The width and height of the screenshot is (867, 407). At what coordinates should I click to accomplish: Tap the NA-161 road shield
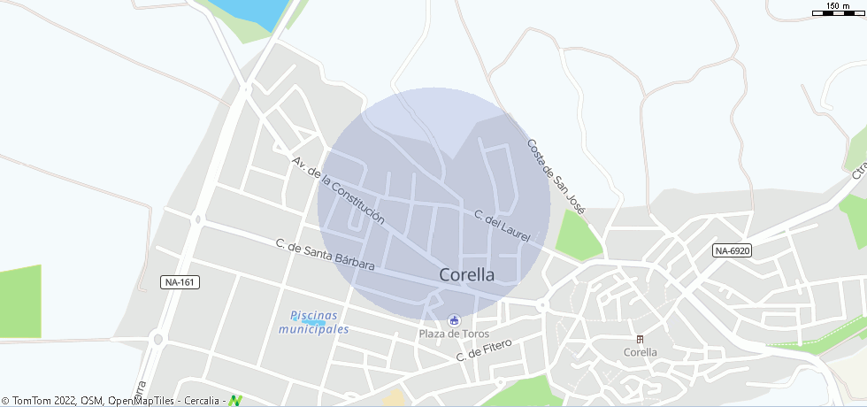pyautogui.click(x=180, y=282)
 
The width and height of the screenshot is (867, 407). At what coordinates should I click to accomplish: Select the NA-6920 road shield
pyautogui.click(x=732, y=251)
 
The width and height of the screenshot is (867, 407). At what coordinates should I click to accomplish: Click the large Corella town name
pyautogui.click(x=467, y=275)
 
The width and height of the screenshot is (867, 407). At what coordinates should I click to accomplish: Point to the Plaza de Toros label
pyautogui.click(x=455, y=334)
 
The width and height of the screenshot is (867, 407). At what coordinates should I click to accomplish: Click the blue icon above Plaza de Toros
pyautogui.click(x=455, y=319)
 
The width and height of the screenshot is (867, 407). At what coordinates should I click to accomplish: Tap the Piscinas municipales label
pyautogui.click(x=314, y=322)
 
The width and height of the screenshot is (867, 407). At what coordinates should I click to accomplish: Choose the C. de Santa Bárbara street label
pyautogui.click(x=325, y=255)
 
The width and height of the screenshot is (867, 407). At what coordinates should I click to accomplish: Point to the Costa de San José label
pyautogui.click(x=556, y=177)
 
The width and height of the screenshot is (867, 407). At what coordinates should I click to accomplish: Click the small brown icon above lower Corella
pyautogui.click(x=640, y=339)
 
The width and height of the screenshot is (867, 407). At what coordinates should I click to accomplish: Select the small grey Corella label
pyautogui.click(x=640, y=352)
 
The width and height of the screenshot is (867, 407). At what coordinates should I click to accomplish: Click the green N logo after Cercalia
pyautogui.click(x=235, y=401)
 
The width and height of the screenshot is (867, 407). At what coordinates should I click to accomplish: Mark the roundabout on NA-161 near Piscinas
pyautogui.click(x=157, y=338)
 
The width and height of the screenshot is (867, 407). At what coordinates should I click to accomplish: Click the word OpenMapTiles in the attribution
pyautogui.click(x=141, y=401)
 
